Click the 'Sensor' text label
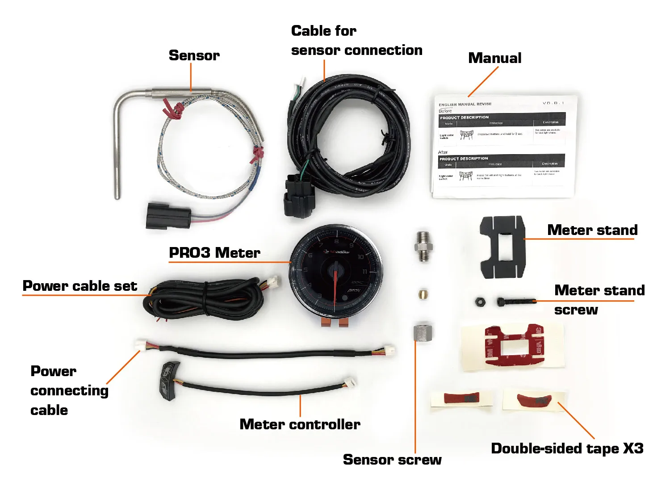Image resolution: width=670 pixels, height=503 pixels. [194, 55]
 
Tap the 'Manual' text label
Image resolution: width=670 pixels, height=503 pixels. [494, 58]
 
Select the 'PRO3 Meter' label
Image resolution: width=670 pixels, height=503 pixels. [214, 253]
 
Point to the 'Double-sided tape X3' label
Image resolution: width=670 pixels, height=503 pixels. [567, 449]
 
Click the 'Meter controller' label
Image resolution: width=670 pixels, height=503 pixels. [300, 424]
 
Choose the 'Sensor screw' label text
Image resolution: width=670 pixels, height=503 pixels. [392, 460]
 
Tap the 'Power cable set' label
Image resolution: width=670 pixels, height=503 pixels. [80, 286]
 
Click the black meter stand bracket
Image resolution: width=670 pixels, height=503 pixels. [502, 247]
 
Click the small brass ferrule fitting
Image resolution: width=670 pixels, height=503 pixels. [423, 294]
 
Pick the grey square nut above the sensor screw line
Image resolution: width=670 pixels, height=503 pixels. [423, 333]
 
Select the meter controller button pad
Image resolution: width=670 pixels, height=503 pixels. [170, 380]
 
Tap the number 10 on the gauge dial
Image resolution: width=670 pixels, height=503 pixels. [360, 257]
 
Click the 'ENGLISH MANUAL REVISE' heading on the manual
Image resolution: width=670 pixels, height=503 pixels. [465, 104]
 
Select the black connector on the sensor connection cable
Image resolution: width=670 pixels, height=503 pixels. [299, 197]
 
